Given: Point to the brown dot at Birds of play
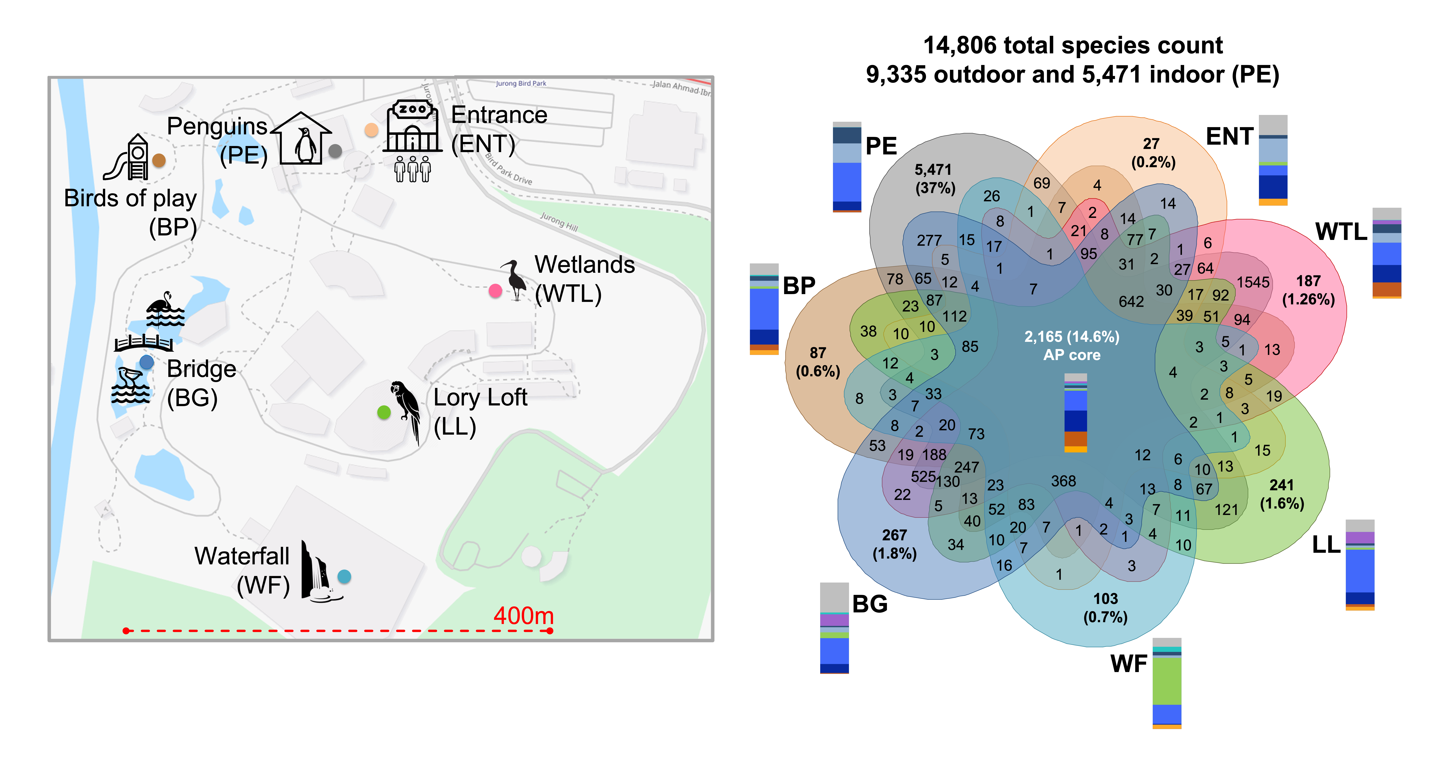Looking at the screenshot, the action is tap(159, 160).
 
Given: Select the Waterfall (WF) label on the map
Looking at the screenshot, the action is tap(242, 570).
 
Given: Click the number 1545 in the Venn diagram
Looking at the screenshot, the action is tap(1253, 282).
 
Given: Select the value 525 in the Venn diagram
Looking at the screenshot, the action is tap(923, 476).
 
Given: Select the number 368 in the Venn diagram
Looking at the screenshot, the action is tap(1064, 481).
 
